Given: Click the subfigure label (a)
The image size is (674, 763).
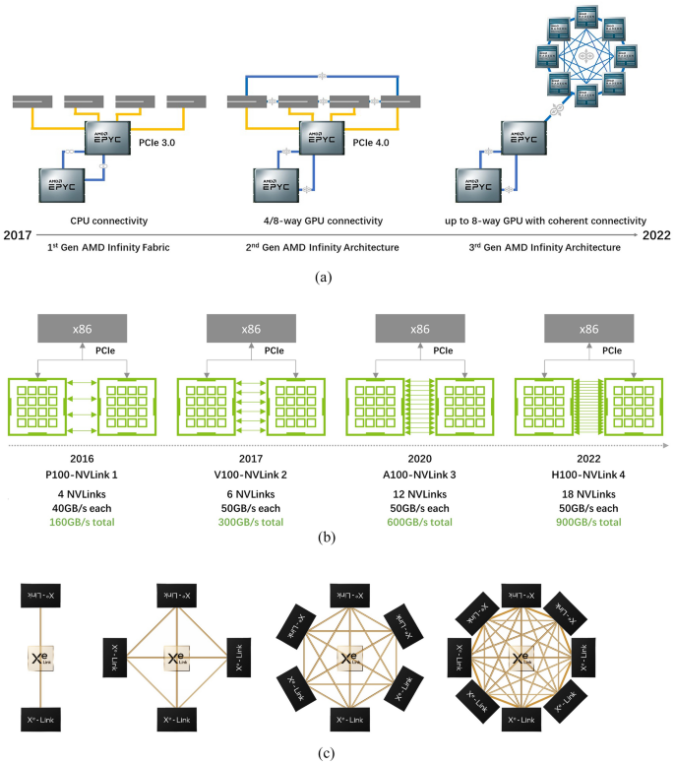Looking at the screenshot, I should pos(336,279).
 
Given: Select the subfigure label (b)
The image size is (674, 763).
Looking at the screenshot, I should pos(336,538).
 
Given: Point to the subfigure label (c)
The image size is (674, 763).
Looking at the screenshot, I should pos(336,753).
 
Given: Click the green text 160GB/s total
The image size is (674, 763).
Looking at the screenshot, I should pos(82,521).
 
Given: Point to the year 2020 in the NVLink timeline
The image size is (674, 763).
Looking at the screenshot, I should pos(419,458).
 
